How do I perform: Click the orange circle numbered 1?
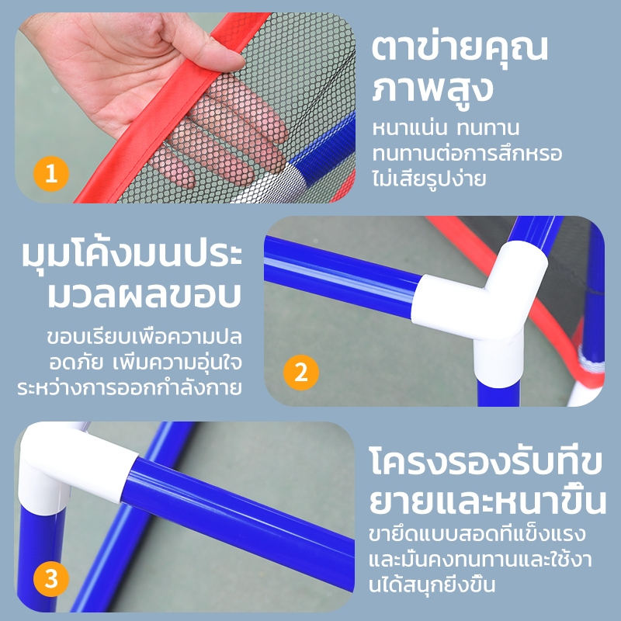click(x=51, y=174)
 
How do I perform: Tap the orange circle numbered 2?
click(x=301, y=373)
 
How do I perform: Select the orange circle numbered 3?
click(x=51, y=579)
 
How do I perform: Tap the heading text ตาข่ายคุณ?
click(x=460, y=48)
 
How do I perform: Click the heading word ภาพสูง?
click(x=432, y=89)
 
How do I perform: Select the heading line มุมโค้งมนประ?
click(x=131, y=254)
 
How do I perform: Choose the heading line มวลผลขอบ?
click(x=144, y=294)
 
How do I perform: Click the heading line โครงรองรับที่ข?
click(x=486, y=460)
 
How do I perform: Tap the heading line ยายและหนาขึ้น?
click(x=488, y=500)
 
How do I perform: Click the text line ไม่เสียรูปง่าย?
click(x=428, y=179)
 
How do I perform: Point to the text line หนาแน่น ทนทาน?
click(x=446, y=128)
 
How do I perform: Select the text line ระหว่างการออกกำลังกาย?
click(x=130, y=387)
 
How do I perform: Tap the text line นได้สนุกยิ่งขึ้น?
click(x=432, y=585)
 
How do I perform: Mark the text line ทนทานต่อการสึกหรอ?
click(x=467, y=153)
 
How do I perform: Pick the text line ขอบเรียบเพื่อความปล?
click(x=144, y=337)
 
